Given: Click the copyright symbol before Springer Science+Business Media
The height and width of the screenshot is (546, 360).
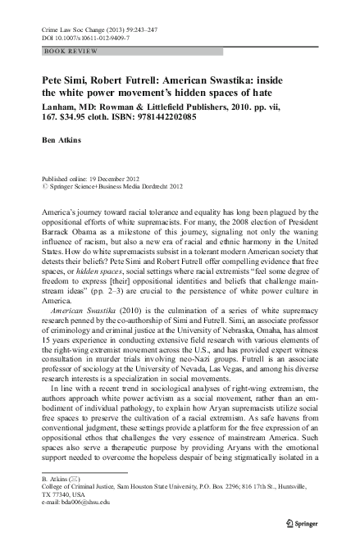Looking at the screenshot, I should coord(43,186).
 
